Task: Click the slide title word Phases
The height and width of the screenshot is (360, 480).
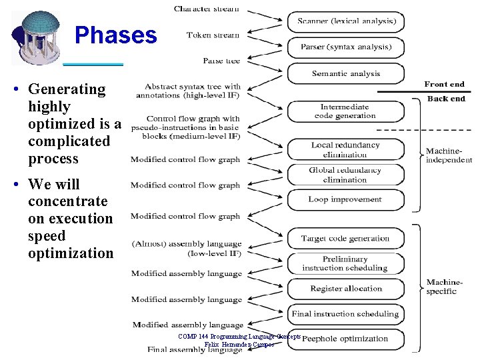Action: click(116, 35)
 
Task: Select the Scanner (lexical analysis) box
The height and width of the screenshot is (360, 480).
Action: click(345, 21)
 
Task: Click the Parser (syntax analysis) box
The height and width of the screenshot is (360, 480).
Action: click(345, 47)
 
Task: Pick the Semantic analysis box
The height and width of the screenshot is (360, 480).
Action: click(345, 73)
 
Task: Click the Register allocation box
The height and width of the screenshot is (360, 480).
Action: click(345, 289)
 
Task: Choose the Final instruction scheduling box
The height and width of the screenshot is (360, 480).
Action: click(345, 313)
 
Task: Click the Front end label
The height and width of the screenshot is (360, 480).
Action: click(444, 84)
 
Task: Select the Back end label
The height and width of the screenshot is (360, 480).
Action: click(446, 99)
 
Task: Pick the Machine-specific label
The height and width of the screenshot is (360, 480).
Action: click(441, 287)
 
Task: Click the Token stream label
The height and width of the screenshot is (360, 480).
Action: click(213, 35)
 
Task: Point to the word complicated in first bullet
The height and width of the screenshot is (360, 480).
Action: click(69, 141)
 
